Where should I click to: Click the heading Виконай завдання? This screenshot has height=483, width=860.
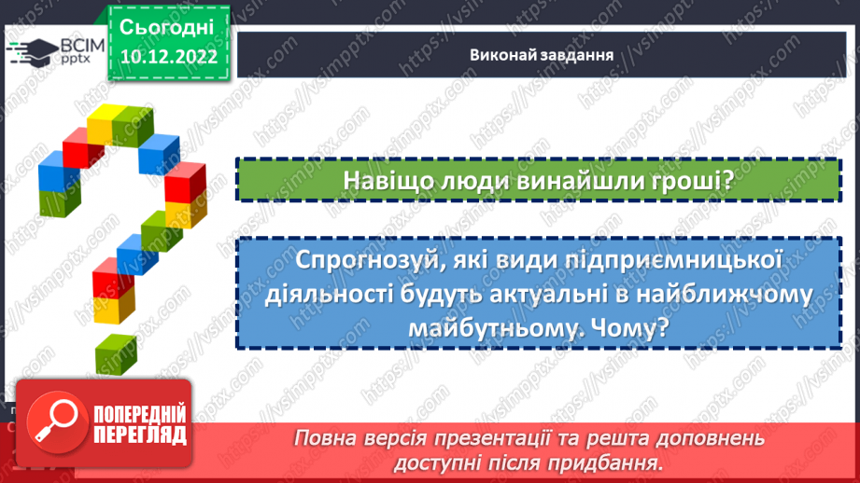tap(541, 53)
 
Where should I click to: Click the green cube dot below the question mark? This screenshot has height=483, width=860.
tap(116, 352)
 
